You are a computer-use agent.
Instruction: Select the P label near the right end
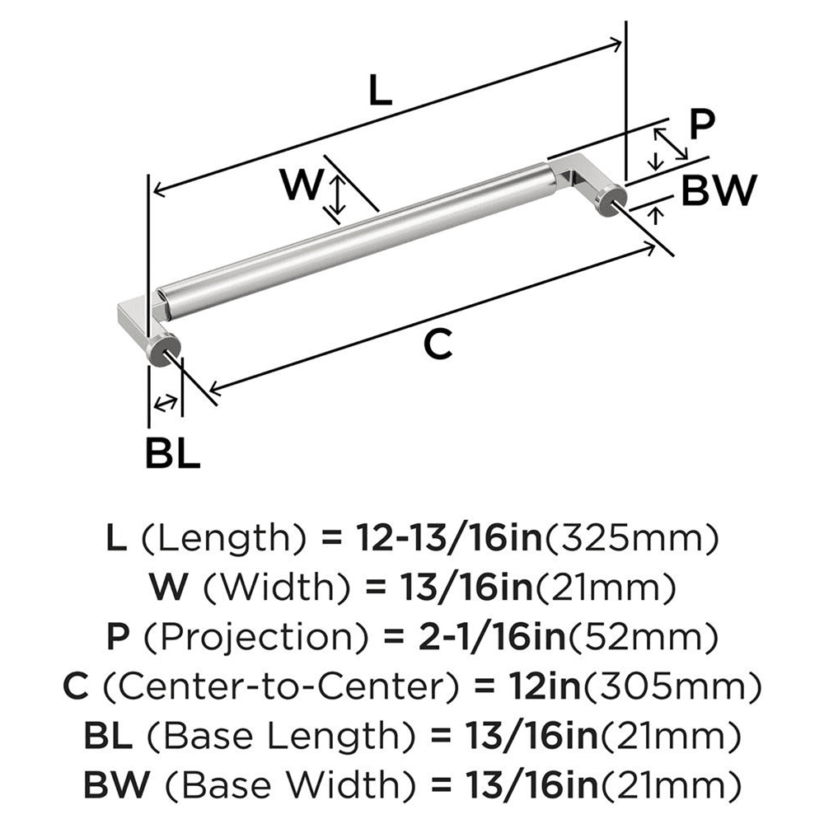coord(702,125)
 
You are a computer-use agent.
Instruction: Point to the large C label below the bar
coord(438,344)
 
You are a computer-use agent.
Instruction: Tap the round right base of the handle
coord(611,199)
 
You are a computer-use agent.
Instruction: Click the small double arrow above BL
coord(166,403)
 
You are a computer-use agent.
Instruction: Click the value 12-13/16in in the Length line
coord(449,540)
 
